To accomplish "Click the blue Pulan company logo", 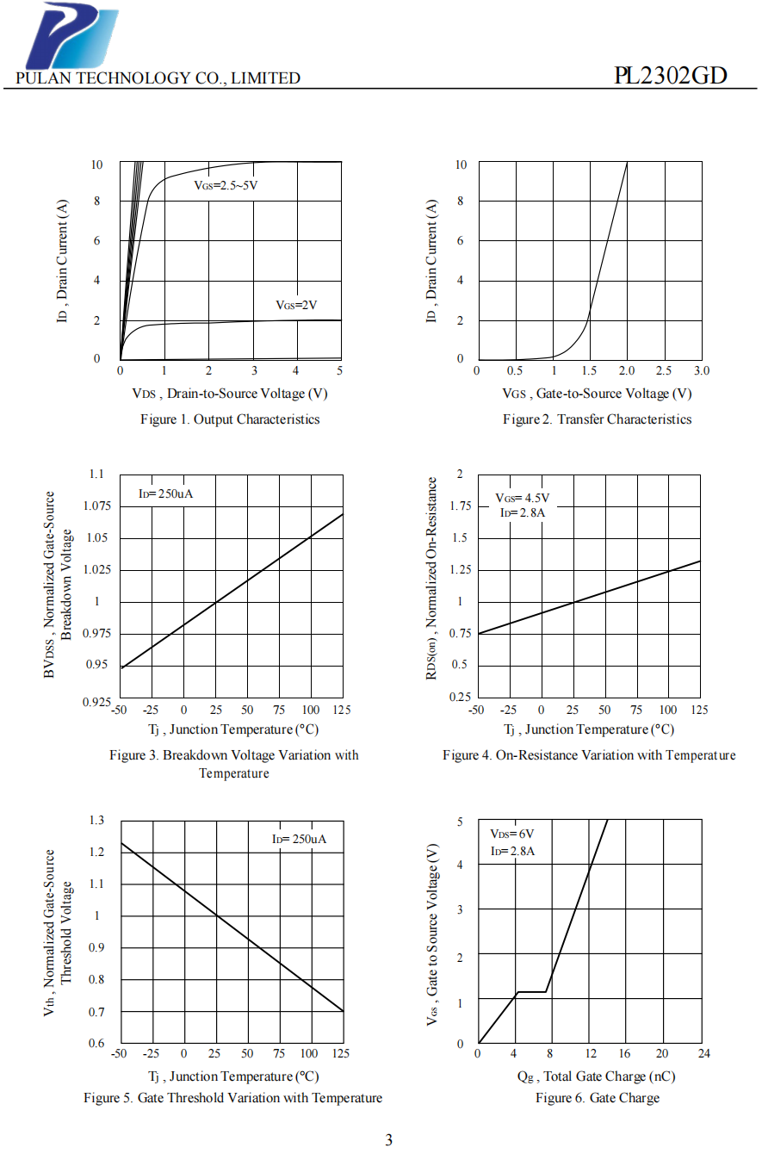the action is click(72, 35).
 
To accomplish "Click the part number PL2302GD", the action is click(671, 76).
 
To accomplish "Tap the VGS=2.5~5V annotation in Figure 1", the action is click(226, 185).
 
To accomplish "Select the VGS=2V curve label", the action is click(296, 305).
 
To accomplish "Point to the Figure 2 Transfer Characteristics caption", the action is click(597, 419).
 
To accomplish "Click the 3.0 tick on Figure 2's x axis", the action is click(702, 370).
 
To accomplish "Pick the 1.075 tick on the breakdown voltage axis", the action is click(96, 506).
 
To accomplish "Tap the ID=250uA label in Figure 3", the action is click(165, 493).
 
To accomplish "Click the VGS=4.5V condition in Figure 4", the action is click(523, 498).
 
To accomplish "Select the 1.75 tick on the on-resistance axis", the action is click(461, 506).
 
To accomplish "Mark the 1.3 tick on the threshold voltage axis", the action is click(96, 821).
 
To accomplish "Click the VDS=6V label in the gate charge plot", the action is click(512, 834).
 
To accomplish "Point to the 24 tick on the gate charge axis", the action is click(704, 1053).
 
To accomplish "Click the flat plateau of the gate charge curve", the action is click(531, 992).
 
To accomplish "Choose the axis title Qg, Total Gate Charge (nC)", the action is click(597, 1076).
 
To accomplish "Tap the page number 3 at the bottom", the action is click(389, 1140).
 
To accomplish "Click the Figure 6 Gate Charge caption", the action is click(598, 1098).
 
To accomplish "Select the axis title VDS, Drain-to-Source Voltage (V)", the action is click(230, 394).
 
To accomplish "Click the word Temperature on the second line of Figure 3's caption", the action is click(234, 773).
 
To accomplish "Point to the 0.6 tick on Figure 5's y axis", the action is click(96, 1044).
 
